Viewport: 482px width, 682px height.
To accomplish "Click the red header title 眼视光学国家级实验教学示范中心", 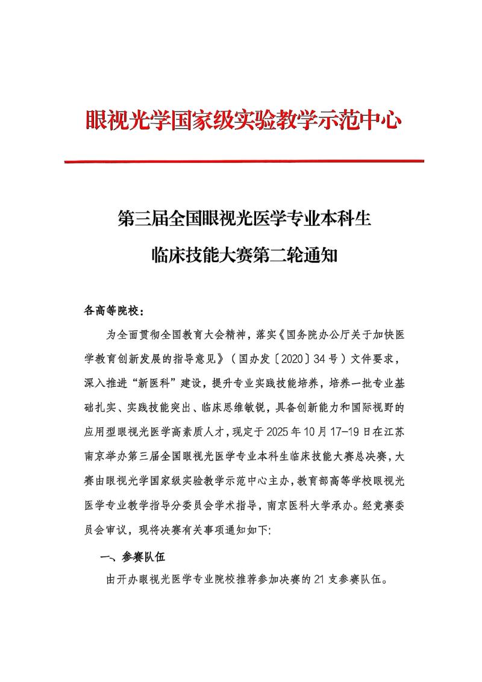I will [x=243, y=120].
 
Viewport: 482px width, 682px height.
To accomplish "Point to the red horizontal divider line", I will [x=243, y=161].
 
